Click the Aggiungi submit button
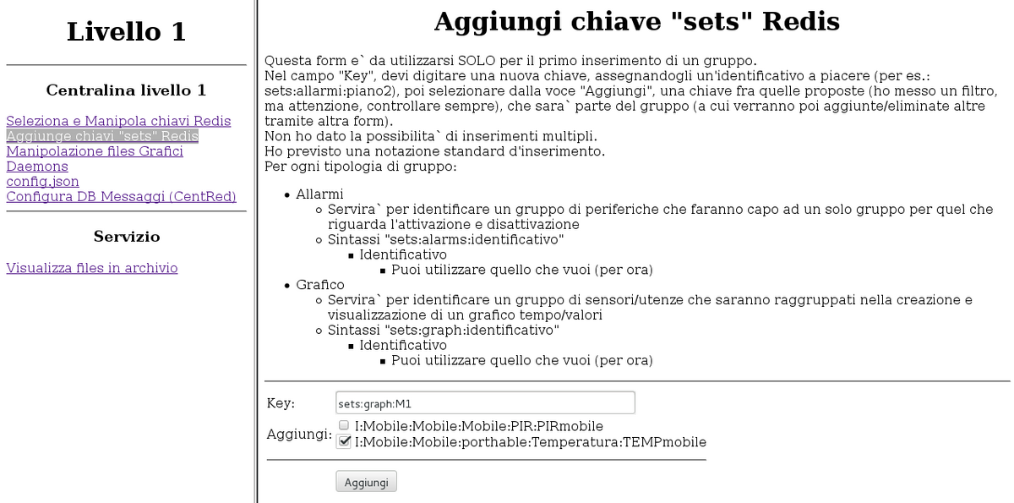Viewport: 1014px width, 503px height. [366, 482]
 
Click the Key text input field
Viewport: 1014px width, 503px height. [484, 403]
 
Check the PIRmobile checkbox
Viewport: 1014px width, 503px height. [344, 425]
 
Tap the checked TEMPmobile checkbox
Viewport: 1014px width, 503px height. [344, 441]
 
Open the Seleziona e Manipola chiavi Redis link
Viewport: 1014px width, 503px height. [118, 121]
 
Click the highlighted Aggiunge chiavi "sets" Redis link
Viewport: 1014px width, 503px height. [102, 136]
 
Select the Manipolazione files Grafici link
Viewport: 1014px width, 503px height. [95, 151]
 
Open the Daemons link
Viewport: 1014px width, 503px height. [37, 167]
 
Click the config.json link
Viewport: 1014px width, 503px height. [43, 182]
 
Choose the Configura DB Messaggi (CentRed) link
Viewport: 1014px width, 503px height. [121, 197]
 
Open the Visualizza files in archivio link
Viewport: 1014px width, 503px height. [92, 268]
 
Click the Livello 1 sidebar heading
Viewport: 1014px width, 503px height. [126, 32]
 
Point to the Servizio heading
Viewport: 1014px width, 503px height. [126, 237]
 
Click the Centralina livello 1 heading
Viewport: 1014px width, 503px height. [126, 90]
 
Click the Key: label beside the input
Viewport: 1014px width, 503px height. [281, 403]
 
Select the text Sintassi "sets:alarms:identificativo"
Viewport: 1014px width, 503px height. [446, 240]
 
